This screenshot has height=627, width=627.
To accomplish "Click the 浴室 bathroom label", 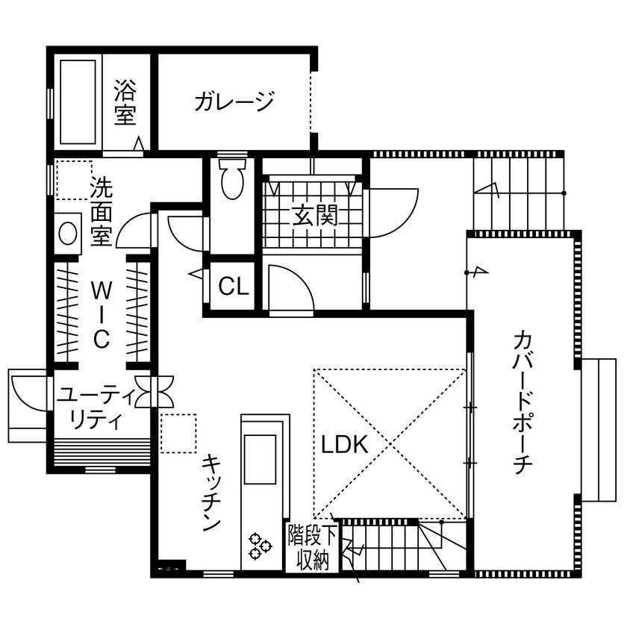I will pyautogui.click(x=125, y=102).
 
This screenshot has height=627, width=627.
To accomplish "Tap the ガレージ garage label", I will pyautogui.click(x=234, y=102).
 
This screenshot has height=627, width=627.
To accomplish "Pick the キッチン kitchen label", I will pyautogui.click(x=211, y=492).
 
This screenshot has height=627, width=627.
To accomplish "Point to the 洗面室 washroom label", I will pyautogui.click(x=100, y=212).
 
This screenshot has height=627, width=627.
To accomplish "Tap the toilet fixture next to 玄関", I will pyautogui.click(x=233, y=179).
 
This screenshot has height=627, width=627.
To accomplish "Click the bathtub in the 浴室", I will pyautogui.click(x=79, y=102).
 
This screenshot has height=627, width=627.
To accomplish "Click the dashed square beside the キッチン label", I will pyautogui.click(x=178, y=434).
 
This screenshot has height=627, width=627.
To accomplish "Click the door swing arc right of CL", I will pyautogui.click(x=289, y=285).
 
